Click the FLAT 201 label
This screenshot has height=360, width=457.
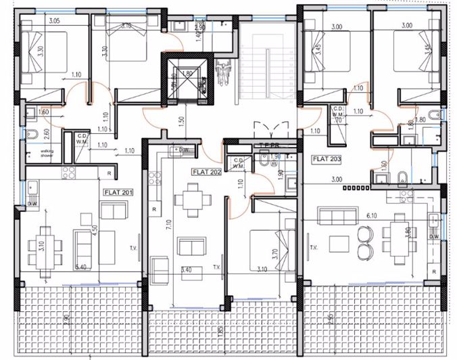118,192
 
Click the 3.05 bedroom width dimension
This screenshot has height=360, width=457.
54,21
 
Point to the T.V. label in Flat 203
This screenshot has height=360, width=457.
313,248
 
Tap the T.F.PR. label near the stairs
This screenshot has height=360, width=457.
270,145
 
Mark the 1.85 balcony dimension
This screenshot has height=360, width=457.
220,331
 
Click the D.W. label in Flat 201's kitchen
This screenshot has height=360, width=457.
33,204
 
